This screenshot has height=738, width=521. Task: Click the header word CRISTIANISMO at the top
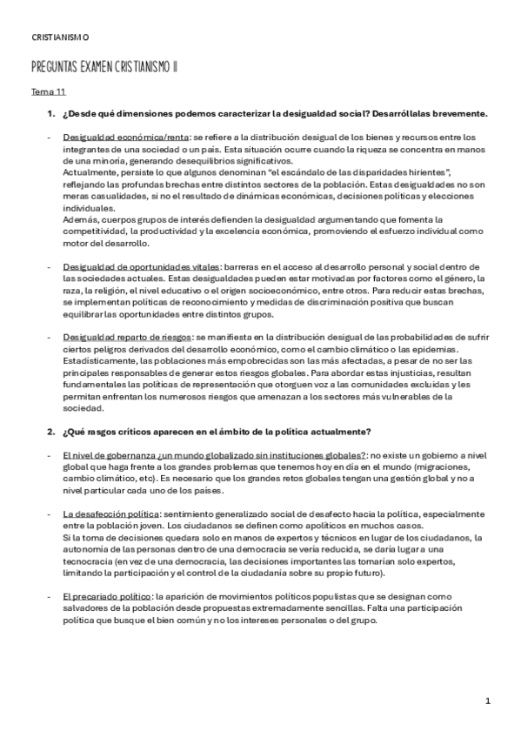tap(59, 37)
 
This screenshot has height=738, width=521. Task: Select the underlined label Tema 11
tap(48, 91)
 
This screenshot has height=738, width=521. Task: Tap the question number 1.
tap(49, 114)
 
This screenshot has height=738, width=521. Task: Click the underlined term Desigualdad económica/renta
tap(126, 138)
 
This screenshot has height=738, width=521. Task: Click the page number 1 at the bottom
tap(488, 701)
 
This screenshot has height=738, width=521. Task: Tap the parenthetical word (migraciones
tap(436, 467)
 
